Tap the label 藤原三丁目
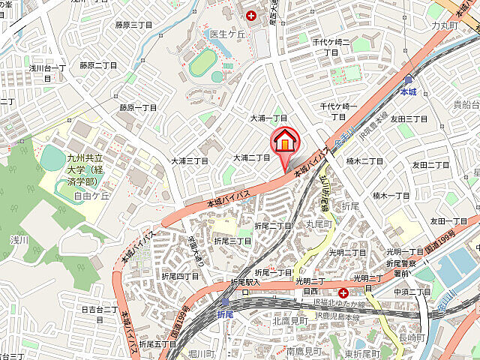coord(133,25)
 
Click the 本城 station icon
coord(408,79)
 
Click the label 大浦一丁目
coord(268,118)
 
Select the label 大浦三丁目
coord(189,160)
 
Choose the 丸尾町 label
coord(318,224)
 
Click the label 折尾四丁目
coord(180,276)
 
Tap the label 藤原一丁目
coord(138,107)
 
